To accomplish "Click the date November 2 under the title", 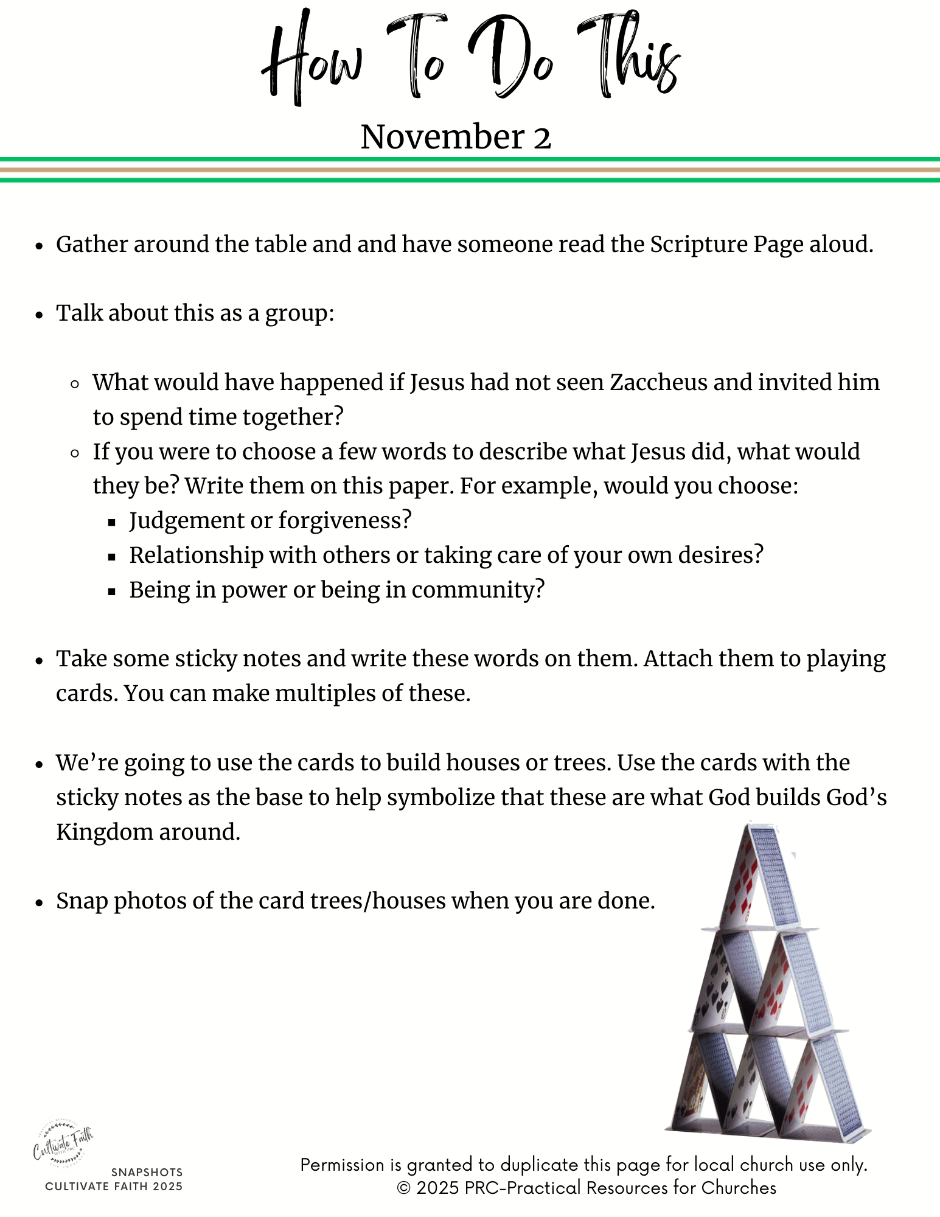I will (x=456, y=136).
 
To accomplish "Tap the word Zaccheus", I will (x=658, y=383).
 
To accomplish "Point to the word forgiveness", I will (x=344, y=521).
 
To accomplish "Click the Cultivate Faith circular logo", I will (x=63, y=1143).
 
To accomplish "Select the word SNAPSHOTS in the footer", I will (x=147, y=1172).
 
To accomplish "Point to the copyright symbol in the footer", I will (x=404, y=1188).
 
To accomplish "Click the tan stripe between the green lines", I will (x=470, y=170).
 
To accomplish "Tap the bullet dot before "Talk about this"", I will (x=40, y=315).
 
